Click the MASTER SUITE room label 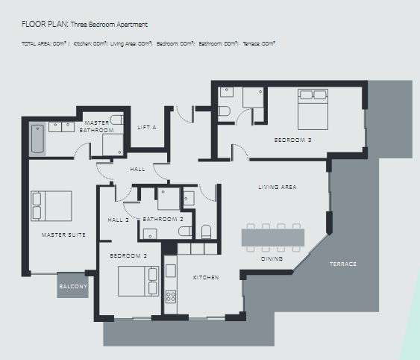63,235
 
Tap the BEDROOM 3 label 292,140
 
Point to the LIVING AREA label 278,187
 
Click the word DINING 272,258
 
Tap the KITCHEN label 206,278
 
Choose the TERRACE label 343,264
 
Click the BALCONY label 73,286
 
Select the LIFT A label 147,128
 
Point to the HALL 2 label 119,220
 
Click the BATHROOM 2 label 163,220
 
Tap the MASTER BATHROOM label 97,126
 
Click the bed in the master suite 51,205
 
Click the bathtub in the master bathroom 38,140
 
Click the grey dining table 272,238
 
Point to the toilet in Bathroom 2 207,231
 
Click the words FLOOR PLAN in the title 44,25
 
